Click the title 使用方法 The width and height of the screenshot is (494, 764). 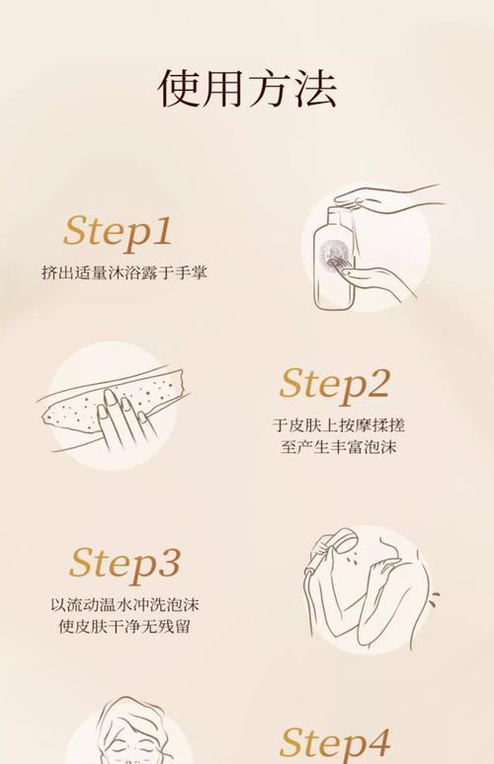(247, 89)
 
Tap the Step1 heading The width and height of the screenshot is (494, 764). (118, 231)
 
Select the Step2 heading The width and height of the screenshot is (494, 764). (334, 384)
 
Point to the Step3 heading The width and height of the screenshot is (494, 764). (124, 564)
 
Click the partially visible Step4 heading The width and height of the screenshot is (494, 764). (334, 742)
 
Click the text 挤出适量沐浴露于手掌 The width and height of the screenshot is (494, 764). (124, 271)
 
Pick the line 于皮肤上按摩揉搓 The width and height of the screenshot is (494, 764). (339, 425)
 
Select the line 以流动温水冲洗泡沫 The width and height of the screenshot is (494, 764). (124, 604)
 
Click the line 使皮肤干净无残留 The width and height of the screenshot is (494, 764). (124, 627)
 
